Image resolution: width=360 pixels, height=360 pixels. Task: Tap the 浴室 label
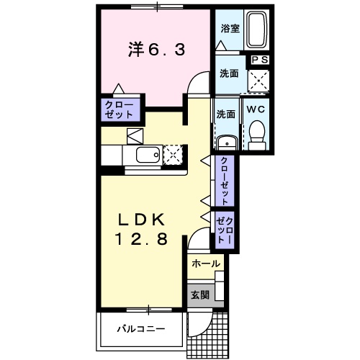[229, 30]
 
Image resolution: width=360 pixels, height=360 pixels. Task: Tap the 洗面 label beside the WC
[225, 114]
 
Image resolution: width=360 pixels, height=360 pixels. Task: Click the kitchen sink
[147, 156]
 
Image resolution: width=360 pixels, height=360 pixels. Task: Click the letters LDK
[143, 220]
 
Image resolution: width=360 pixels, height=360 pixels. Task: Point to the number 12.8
[143, 239]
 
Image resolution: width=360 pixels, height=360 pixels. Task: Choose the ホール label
[206, 265]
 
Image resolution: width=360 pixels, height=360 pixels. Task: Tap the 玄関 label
[199, 294]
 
